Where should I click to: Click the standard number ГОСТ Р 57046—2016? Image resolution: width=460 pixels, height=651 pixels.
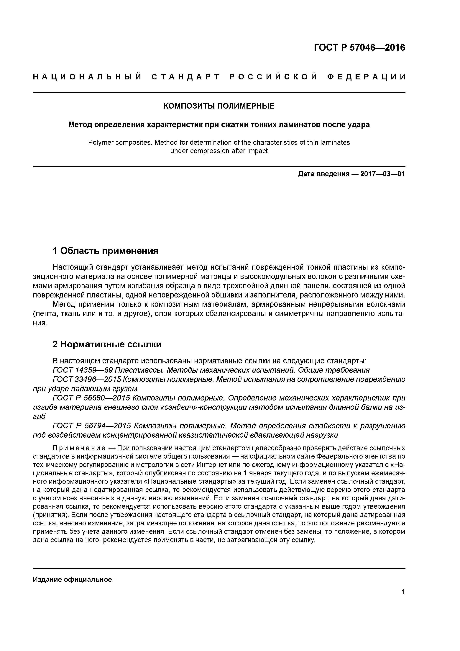[359, 48]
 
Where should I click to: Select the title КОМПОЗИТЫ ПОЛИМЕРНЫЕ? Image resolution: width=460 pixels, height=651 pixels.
[219, 106]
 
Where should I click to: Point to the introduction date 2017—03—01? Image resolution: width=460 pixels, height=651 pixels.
[383, 174]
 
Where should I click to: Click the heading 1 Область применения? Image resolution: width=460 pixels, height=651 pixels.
[105, 251]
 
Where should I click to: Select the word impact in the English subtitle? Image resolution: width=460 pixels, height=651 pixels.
[257, 151]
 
